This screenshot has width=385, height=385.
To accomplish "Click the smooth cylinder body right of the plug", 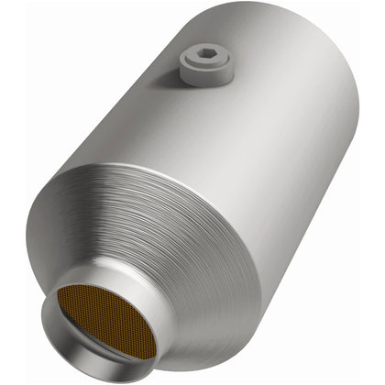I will pos(275,101).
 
